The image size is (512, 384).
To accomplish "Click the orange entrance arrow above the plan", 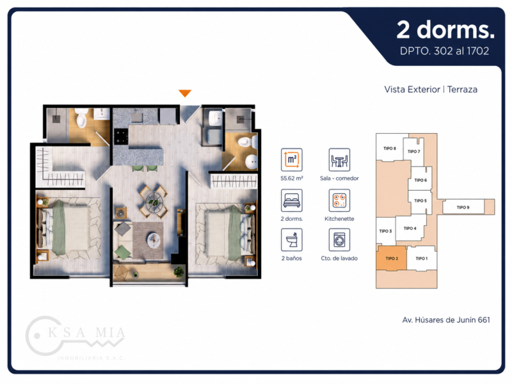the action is pyautogui.click(x=185, y=93).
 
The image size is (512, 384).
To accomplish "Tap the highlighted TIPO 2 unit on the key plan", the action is pyautogui.click(x=392, y=258).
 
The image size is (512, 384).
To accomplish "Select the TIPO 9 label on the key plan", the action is pyautogui.click(x=463, y=207).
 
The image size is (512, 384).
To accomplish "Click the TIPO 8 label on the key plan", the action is pyautogui.click(x=390, y=148).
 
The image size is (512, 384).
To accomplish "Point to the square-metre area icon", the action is pyautogui.click(x=292, y=159).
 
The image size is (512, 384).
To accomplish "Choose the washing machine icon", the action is pyautogui.click(x=339, y=239).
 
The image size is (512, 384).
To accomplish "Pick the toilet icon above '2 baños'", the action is pyautogui.click(x=292, y=239).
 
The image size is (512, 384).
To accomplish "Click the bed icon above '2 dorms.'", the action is pyautogui.click(x=292, y=200).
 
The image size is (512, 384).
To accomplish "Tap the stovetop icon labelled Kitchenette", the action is pyautogui.click(x=339, y=200).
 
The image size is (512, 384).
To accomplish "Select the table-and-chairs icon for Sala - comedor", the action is pyautogui.click(x=339, y=159).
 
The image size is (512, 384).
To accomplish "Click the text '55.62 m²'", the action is pyautogui.click(x=292, y=179).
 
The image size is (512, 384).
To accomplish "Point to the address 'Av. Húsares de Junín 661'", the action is pyautogui.click(x=446, y=320).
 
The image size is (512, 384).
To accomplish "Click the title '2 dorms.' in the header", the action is pyautogui.click(x=445, y=29).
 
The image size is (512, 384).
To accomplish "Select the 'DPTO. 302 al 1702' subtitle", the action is pyautogui.click(x=444, y=51).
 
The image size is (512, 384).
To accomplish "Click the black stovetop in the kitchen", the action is pyautogui.click(x=121, y=136).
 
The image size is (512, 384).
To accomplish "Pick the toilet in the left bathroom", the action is pyautogui.click(x=81, y=118).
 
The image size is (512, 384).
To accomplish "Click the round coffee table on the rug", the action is pyautogui.click(x=154, y=239).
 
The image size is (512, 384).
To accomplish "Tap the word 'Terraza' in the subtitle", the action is pyautogui.click(x=462, y=90).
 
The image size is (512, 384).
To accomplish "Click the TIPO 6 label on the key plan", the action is pyautogui.click(x=420, y=180).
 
